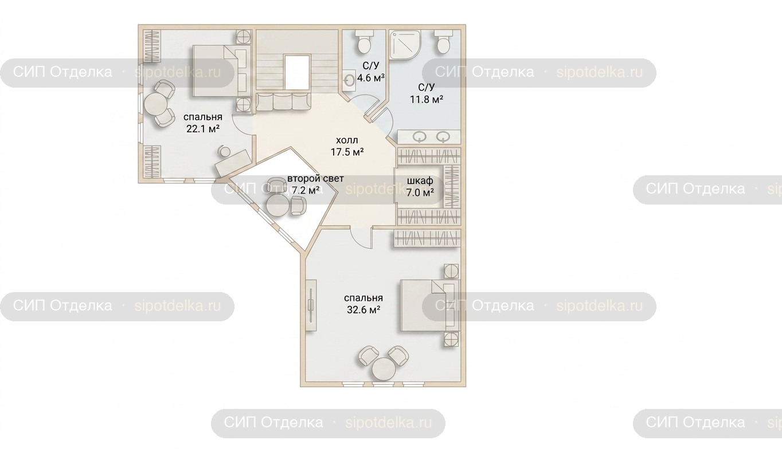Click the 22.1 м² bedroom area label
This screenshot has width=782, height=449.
pos(203,123)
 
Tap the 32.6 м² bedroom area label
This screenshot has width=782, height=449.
pos(363,304)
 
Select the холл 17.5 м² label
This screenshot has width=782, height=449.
pos(347,146)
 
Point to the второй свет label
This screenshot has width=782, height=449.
pos(315,179)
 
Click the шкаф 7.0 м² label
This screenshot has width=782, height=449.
pos(420,186)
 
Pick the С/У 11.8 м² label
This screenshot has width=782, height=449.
pos(427,93)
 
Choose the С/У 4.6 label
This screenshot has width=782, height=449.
pos(371,72)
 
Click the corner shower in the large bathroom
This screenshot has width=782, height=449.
pos(405,44)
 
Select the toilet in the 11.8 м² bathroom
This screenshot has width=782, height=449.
pos(443,41)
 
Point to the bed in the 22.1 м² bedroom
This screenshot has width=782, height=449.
pos(221,71)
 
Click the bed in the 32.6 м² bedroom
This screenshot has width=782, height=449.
pos(430,305)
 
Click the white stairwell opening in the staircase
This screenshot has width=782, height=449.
pos(298,73)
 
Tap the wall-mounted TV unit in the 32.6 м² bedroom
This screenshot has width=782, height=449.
pos(311,305)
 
